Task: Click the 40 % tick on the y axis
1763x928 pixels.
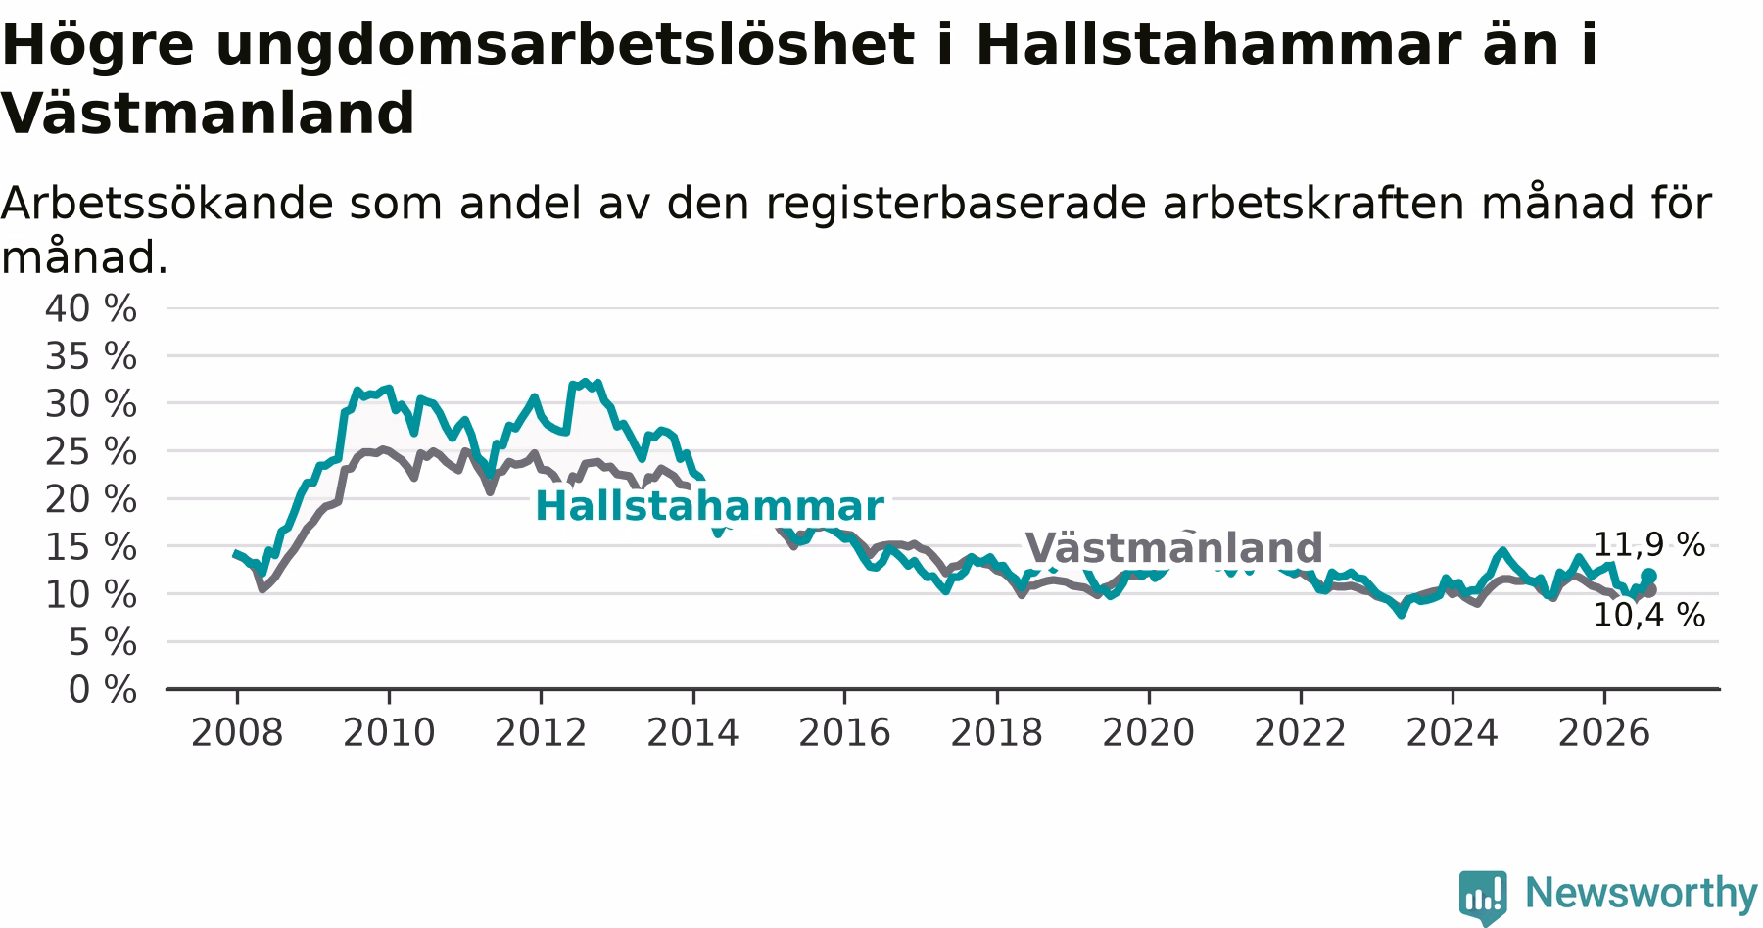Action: click(x=91, y=309)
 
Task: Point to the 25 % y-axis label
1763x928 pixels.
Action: click(x=91, y=452)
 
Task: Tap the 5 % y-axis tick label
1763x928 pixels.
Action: click(x=102, y=643)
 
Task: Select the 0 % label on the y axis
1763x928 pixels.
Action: click(x=102, y=691)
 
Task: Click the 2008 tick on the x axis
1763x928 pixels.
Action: click(x=237, y=733)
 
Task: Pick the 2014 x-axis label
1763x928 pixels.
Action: click(x=692, y=733)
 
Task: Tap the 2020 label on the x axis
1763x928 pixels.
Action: click(x=1149, y=733)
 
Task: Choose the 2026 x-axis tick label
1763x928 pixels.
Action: click(x=1604, y=733)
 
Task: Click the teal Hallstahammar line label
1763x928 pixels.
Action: click(x=709, y=507)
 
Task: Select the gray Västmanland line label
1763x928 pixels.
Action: click(x=1173, y=548)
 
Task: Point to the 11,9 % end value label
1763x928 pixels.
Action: click(x=1649, y=545)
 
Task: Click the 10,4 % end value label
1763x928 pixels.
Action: click(x=1649, y=616)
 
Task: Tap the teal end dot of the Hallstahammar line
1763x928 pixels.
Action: click(x=1648, y=576)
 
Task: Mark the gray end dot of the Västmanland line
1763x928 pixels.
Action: click(x=1649, y=590)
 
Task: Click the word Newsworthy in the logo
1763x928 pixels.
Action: click(x=1642, y=893)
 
